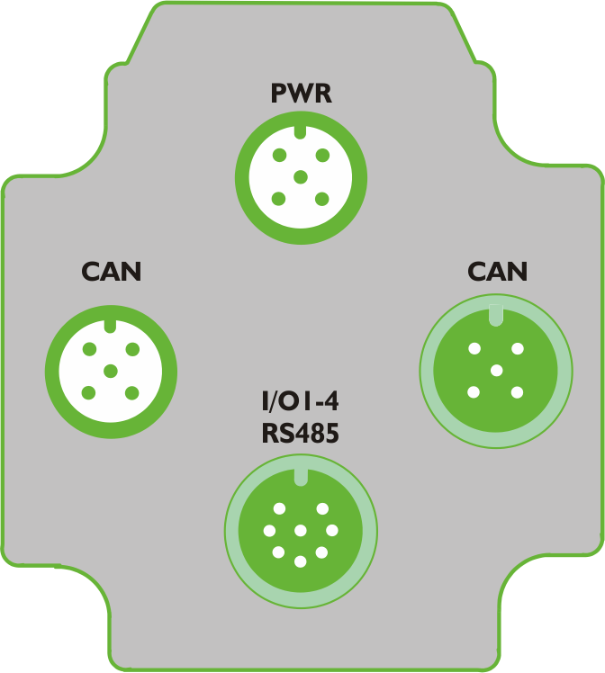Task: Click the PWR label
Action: coord(302,93)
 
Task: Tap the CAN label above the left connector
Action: coord(112,271)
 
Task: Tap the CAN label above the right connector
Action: coord(497,271)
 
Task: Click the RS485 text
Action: coord(300,433)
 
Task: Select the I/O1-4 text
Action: coord(300,401)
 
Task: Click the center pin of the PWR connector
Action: coord(301,177)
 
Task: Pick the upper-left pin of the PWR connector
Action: coord(279,155)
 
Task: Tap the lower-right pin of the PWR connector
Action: coord(321,199)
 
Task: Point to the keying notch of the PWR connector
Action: coord(300,131)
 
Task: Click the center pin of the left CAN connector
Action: coord(111,371)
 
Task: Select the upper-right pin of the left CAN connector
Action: coord(132,349)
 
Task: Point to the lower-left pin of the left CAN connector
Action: coord(88,392)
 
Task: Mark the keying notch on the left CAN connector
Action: coord(111,326)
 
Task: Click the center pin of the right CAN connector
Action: coord(496,370)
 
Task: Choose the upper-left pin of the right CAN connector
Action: coord(474,348)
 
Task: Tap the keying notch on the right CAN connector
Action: coord(496,315)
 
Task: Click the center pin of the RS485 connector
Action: coord(301,531)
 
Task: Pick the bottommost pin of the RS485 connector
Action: coord(301,561)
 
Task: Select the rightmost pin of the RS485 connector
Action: coord(332,531)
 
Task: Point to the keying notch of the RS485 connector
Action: coord(301,477)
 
